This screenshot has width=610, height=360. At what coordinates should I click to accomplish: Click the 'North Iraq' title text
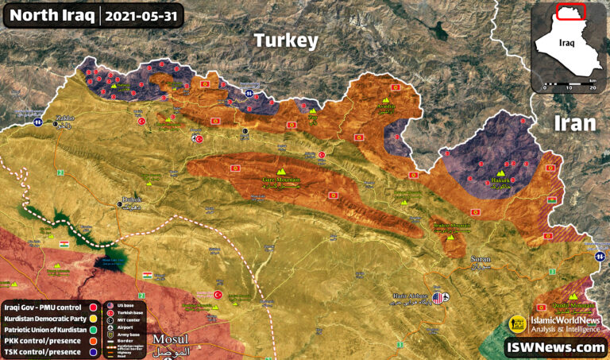pyautogui.click(x=51, y=15)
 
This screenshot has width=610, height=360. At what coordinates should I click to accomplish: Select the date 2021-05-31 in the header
pyautogui.click(x=143, y=15)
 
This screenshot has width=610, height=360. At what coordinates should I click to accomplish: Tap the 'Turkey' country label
pyautogui.click(x=285, y=41)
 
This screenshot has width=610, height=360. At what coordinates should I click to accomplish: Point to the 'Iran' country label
pyautogui.click(x=575, y=123)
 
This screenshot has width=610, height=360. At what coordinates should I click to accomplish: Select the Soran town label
pyautogui.click(x=481, y=260)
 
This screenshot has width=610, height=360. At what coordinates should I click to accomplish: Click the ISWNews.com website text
pyautogui.click(x=555, y=347)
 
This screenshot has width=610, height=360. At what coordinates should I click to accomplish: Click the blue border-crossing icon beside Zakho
pyautogui.click(x=37, y=122)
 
